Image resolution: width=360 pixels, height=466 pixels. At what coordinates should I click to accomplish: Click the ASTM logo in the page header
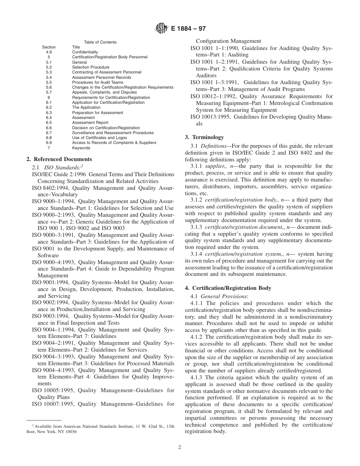(x=161, y=28)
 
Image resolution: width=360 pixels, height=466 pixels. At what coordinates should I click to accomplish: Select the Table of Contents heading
(x=100, y=42)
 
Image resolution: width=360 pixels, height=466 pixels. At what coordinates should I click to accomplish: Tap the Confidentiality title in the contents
(x=85, y=52)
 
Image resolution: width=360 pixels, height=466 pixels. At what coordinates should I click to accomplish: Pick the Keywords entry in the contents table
(x=81, y=148)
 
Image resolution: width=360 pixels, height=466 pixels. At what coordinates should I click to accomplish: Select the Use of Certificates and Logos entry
(x=94, y=138)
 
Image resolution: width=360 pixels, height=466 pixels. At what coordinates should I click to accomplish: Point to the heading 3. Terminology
(x=204, y=137)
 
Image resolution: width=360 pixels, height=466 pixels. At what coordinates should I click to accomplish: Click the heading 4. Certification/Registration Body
(x=228, y=288)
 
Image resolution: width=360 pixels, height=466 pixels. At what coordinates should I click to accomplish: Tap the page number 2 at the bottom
(x=180, y=447)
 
